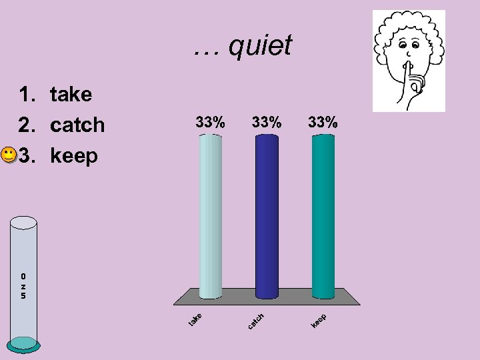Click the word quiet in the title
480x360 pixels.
[259, 45]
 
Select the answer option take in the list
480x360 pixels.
[71, 94]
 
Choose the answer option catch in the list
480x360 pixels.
[77, 125]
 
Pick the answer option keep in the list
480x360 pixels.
[74, 156]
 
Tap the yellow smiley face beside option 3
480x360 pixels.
[8, 157]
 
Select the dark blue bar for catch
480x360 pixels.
[267, 216]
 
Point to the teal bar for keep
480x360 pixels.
[323, 216]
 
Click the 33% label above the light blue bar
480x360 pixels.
[210, 123]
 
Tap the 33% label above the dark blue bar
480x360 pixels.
[267, 123]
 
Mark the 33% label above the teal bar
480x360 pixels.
[323, 123]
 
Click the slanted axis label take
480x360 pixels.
[195, 319]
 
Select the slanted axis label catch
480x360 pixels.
[256, 321]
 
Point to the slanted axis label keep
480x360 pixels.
[318, 321]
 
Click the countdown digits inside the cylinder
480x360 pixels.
[23, 286]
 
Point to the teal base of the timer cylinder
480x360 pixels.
[24, 343]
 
